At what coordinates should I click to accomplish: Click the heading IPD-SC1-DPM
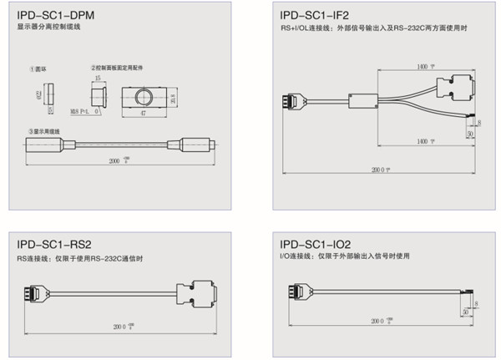tap(53, 15)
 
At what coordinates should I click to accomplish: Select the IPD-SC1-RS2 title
tap(53, 245)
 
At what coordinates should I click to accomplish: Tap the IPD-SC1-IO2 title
tap(316, 245)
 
